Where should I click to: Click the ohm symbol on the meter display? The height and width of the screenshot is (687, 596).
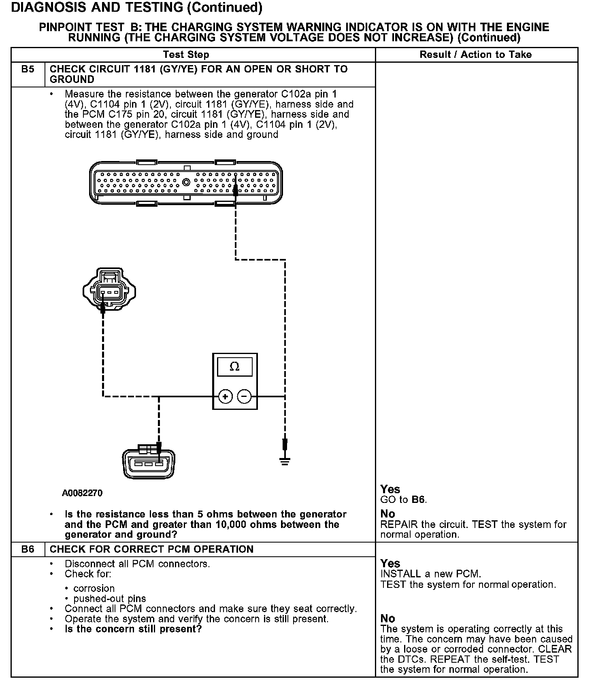234,367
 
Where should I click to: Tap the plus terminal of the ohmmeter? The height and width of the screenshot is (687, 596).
225,397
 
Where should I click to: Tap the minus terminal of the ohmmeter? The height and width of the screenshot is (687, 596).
244,397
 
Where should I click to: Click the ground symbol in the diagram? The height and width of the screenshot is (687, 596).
285,460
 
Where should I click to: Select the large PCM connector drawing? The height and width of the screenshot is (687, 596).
185,182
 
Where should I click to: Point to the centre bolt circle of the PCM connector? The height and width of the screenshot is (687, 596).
186,182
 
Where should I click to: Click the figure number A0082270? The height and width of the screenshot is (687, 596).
82,493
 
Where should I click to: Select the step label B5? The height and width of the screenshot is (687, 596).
28,69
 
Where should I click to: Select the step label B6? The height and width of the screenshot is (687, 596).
28,549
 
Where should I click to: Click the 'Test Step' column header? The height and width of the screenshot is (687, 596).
186,55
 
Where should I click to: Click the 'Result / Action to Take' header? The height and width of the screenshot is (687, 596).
476,55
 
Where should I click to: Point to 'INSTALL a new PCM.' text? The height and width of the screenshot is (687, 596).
431,574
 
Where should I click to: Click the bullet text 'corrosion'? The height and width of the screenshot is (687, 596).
94,588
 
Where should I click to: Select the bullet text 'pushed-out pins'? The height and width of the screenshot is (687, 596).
110,598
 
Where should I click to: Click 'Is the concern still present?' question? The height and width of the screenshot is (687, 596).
133,629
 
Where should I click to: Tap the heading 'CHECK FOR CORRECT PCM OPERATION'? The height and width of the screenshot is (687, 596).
152,549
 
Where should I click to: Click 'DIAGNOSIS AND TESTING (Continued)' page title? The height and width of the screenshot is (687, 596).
137,7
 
